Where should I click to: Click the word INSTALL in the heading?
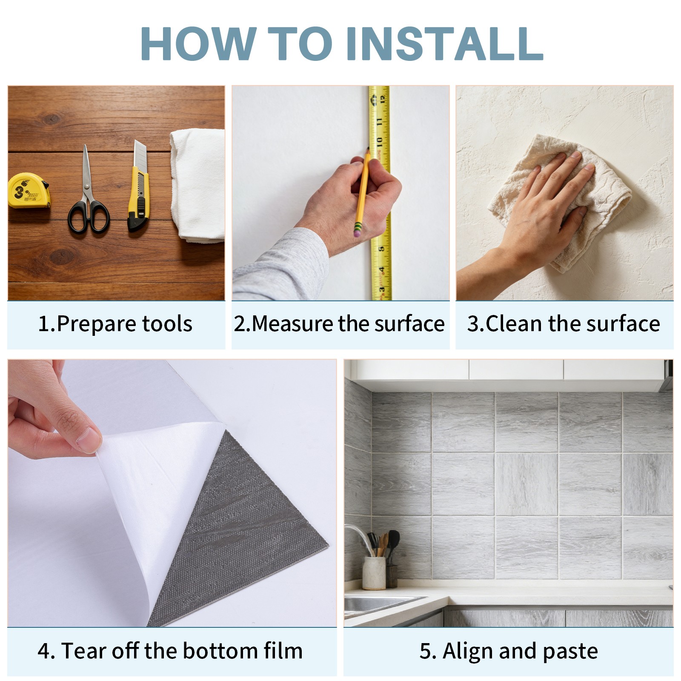click(444, 43)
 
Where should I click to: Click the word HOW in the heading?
click(198, 43)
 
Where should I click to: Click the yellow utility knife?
click(138, 186)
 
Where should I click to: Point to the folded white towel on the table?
click(197, 185)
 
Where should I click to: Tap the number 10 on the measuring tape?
click(380, 141)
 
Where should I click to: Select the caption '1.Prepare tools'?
click(115, 324)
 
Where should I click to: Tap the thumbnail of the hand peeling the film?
click(172, 493)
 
